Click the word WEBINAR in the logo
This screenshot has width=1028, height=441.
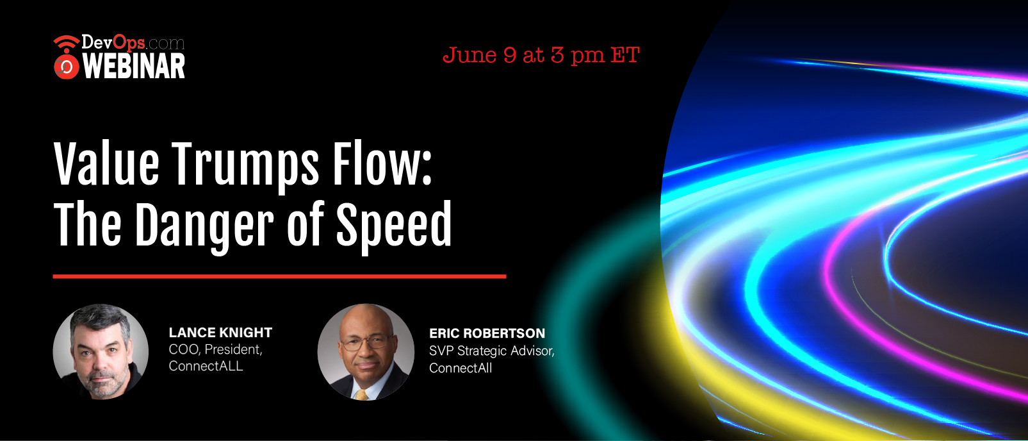134,66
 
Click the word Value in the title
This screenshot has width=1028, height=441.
106,163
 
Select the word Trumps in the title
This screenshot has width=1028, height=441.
245,166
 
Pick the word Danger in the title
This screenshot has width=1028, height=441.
204,226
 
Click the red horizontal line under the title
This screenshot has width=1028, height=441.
279,276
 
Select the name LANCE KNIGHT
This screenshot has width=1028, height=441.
220,333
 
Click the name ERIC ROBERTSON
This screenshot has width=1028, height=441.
487,333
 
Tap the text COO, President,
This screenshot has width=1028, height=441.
215,349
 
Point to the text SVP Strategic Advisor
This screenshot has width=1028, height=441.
491,351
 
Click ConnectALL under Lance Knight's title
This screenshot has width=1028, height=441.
206,366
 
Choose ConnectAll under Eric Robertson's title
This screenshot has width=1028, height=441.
461,368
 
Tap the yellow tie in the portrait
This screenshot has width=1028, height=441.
362,395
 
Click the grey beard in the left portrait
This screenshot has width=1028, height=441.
102,381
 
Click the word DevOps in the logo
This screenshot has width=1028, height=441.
113,42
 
